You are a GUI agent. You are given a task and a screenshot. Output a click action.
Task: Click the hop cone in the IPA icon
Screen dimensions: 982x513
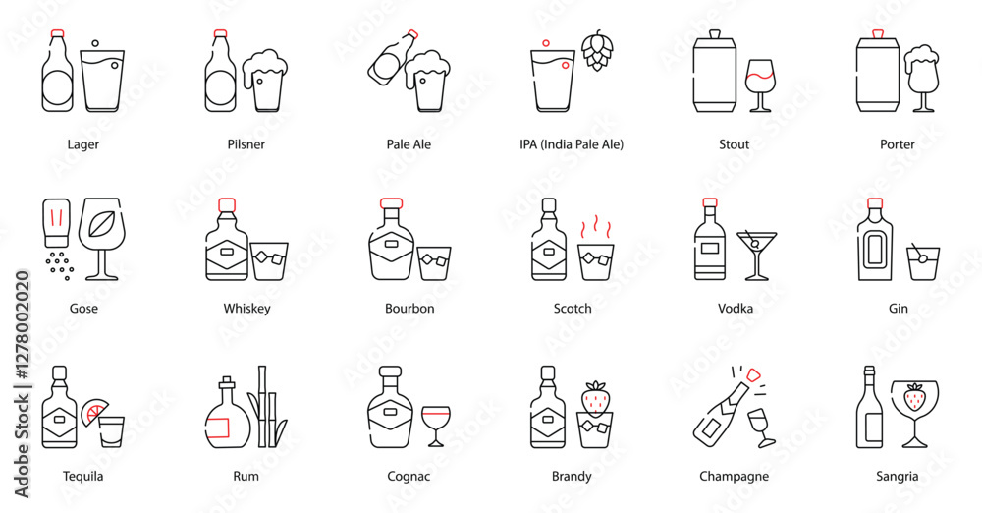tap(597, 50)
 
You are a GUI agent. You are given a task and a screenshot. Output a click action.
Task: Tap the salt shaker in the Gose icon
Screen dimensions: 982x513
tap(56, 224)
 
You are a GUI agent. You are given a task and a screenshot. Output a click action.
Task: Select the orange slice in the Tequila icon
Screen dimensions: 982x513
tap(94, 412)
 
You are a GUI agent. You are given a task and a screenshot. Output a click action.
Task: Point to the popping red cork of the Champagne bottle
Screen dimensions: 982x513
tap(753, 375)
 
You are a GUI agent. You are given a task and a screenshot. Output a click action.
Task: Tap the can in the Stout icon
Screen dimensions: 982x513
tap(715, 72)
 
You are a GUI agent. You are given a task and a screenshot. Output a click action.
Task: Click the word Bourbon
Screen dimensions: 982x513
tap(409, 308)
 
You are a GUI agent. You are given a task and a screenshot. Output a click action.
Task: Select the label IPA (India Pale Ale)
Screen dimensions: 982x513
tap(572, 144)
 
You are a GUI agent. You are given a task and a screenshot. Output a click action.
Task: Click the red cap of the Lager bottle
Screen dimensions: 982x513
tap(58, 33)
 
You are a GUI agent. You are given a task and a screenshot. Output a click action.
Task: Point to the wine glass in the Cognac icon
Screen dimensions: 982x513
tap(435, 427)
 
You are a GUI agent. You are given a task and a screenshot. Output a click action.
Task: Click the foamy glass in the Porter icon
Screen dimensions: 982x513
tap(922, 79)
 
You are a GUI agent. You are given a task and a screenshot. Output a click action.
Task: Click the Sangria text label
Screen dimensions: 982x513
tap(897, 476)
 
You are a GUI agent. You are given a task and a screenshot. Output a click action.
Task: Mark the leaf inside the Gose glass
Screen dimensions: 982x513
tap(101, 224)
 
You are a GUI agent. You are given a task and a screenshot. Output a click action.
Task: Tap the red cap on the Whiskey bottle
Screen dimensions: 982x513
tap(227, 204)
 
